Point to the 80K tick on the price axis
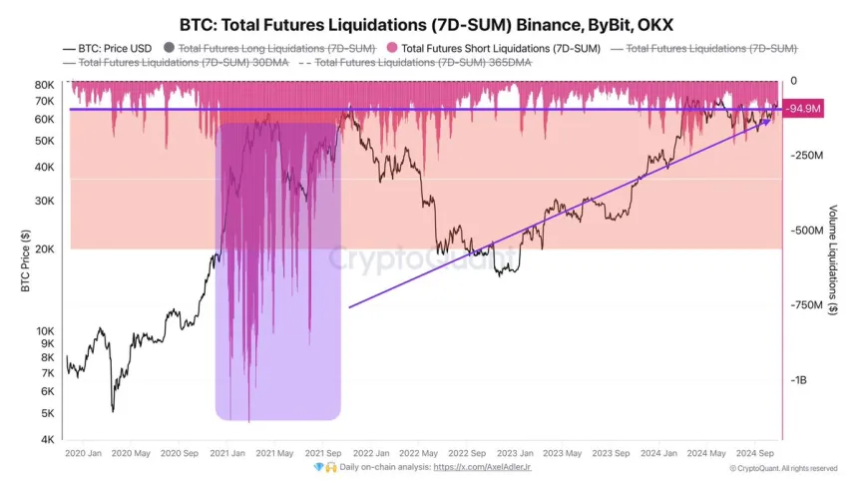point(43,84)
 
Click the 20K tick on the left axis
point(43,249)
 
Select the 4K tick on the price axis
point(46,440)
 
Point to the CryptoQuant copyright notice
point(783,467)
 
